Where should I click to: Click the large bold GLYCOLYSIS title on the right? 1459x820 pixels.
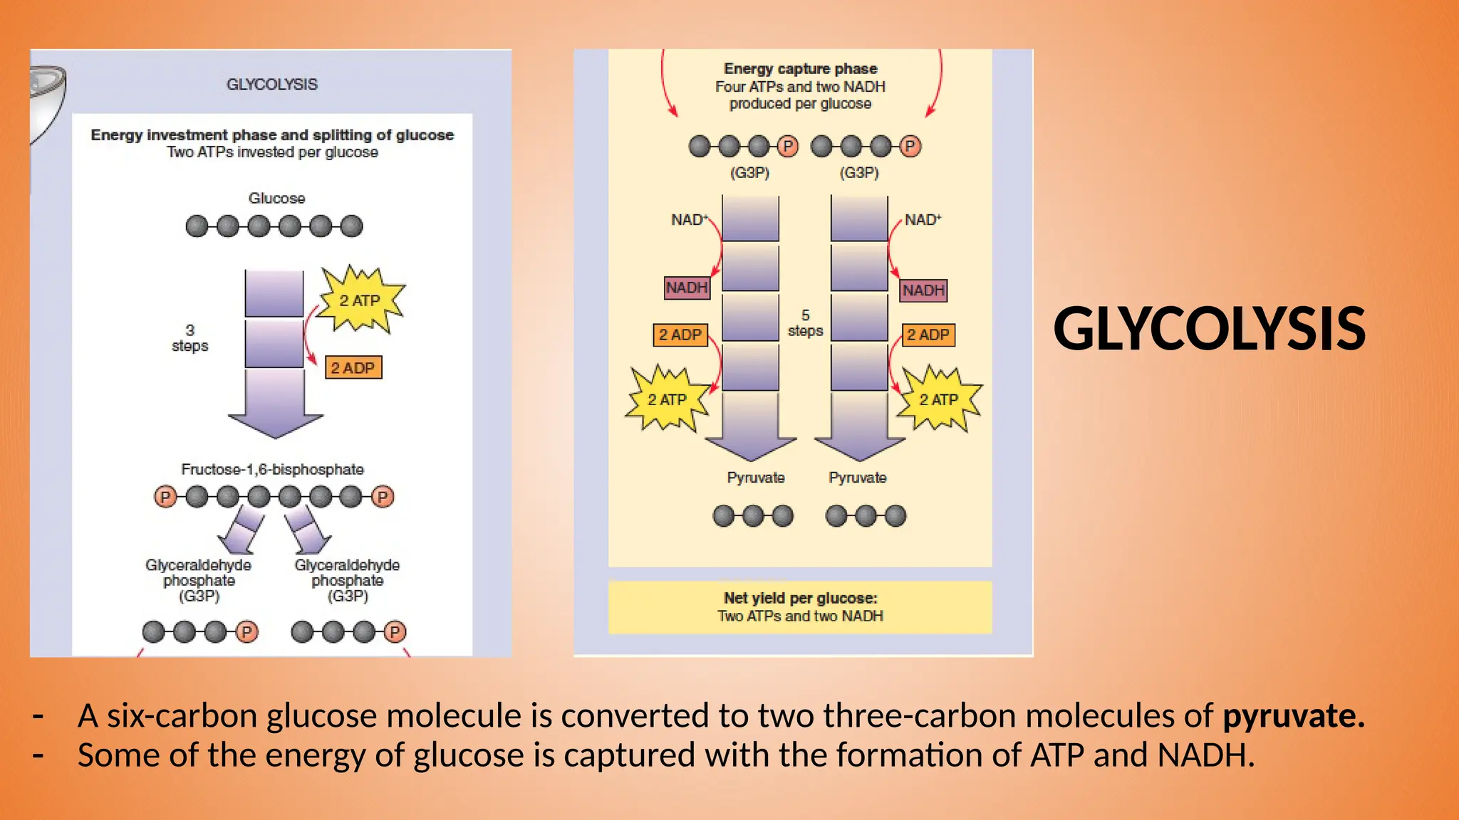(x=1209, y=329)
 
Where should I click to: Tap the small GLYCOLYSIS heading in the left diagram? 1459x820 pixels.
(x=272, y=84)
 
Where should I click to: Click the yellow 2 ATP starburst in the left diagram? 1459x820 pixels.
(x=360, y=300)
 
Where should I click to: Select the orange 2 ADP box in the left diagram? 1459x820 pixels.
(x=353, y=368)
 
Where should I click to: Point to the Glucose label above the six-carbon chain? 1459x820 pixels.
(x=276, y=198)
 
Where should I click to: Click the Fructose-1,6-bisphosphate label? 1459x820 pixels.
(x=272, y=469)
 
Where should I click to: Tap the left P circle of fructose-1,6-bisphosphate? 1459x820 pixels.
(x=165, y=497)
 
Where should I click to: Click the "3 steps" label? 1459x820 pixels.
(x=189, y=338)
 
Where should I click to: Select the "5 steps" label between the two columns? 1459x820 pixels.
(x=805, y=323)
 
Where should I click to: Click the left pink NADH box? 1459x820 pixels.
(x=687, y=288)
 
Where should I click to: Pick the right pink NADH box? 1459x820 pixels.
(x=923, y=290)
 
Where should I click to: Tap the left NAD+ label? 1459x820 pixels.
(x=689, y=220)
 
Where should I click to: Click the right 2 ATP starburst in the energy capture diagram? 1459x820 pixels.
(x=939, y=399)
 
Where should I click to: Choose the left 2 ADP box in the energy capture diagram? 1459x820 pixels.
(x=680, y=335)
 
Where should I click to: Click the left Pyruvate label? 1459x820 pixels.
(x=755, y=478)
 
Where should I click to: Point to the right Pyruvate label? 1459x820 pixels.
(x=857, y=478)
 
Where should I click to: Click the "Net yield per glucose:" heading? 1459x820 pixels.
(x=800, y=598)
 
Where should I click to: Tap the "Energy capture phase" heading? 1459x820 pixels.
(x=800, y=69)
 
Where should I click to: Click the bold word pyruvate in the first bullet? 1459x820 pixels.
(x=1292, y=716)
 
